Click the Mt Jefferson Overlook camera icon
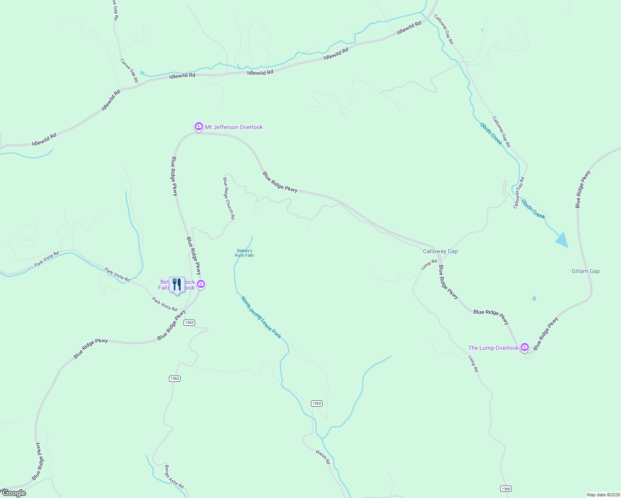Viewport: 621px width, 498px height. (x=199, y=126)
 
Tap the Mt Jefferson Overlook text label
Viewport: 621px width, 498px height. (x=234, y=127)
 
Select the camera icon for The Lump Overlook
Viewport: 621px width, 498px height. (x=525, y=347)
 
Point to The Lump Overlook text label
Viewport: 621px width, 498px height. (x=493, y=348)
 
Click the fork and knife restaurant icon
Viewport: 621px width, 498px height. (x=177, y=285)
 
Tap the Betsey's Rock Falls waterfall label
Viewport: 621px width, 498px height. (x=244, y=253)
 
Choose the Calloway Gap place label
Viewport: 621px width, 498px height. (x=440, y=251)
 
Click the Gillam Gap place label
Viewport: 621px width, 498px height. (x=585, y=271)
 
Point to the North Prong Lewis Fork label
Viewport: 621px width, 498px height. (x=261, y=317)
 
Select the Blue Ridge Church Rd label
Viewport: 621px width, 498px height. (x=229, y=198)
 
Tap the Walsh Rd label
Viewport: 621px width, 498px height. (x=323, y=456)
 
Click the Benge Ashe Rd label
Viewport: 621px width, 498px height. (x=174, y=476)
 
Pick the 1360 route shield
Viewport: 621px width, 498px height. (x=506, y=488)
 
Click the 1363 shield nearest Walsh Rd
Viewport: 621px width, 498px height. (x=316, y=403)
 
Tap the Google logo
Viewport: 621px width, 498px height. (x=14, y=493)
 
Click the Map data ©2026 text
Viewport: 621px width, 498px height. (x=602, y=494)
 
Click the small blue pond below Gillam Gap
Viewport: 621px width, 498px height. (x=534, y=298)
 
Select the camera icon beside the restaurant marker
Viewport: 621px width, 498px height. (x=201, y=284)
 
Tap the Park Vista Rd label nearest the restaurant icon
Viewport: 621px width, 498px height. (x=164, y=304)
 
